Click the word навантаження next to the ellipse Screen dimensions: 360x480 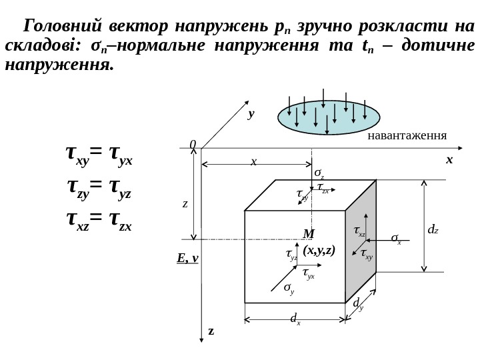(407, 137)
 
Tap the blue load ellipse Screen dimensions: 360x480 (329, 117)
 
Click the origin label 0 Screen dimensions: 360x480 (193, 145)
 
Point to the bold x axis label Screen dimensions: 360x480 (449, 160)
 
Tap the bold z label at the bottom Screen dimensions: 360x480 (211, 331)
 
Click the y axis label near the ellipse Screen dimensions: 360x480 (251, 114)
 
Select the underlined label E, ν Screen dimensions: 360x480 (187, 258)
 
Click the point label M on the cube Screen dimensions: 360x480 (309, 234)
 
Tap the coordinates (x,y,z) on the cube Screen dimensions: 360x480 (319, 251)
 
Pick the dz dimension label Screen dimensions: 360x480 (433, 230)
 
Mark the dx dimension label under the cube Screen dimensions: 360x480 (295, 319)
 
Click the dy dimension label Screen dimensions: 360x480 (358, 304)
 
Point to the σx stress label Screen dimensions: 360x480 (396, 238)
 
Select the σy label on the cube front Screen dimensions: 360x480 (289, 288)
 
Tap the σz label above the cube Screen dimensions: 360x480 (319, 173)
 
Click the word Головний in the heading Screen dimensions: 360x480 (62, 27)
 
